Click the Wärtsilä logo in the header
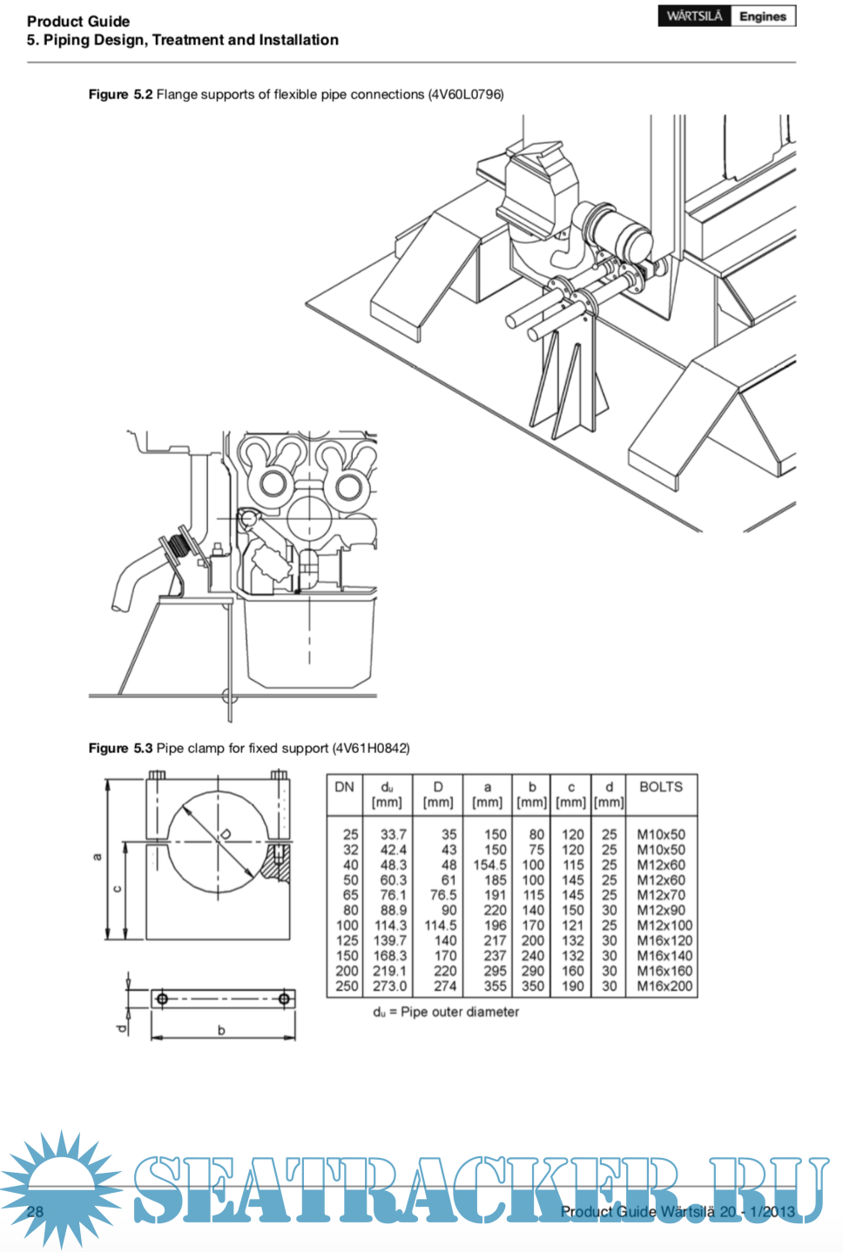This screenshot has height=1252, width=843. [x=694, y=16]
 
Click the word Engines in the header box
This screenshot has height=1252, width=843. [x=762, y=16]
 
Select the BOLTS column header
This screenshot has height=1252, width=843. [x=661, y=786]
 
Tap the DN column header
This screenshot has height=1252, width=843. [x=345, y=786]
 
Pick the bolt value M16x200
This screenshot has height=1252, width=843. [x=664, y=986]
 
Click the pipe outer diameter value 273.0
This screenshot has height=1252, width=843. [x=389, y=986]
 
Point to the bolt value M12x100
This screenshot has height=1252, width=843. [x=664, y=926]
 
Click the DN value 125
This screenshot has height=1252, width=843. [x=347, y=940]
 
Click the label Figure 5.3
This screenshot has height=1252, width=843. [x=120, y=748]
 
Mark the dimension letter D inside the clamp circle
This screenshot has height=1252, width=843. [x=226, y=834]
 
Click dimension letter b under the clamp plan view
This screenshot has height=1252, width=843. [x=221, y=1030]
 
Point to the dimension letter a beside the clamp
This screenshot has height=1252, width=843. [x=97, y=857]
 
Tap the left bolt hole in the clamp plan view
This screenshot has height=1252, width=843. [x=161, y=999]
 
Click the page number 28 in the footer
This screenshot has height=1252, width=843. [x=35, y=1211]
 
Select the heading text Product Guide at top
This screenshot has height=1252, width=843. [x=78, y=21]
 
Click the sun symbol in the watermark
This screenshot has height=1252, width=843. [x=61, y=1188]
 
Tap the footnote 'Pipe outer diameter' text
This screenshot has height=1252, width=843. [x=459, y=1012]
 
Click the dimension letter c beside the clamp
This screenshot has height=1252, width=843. [x=118, y=889]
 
